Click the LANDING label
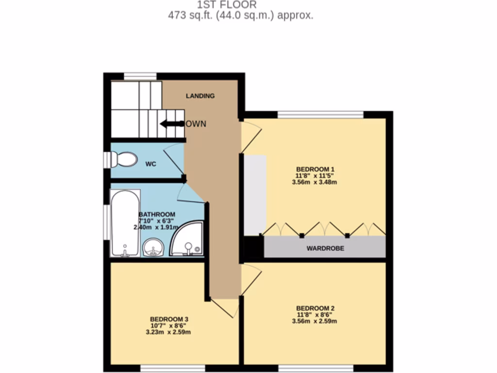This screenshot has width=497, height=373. pos(200,96)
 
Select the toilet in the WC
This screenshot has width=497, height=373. pos(124,159)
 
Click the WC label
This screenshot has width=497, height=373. pos(151,164)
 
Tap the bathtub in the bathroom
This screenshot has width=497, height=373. pos(125,223)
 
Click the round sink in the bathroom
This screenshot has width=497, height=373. pos(153,248)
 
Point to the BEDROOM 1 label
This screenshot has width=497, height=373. pos(314,169)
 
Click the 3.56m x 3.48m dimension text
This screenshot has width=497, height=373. pos(314,183)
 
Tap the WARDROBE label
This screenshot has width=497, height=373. pos(325,248)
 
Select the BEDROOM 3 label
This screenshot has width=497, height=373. pos(168,319)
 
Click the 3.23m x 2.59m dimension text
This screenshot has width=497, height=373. pos(168,333)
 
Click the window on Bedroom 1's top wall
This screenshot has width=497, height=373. pos(320,115)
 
